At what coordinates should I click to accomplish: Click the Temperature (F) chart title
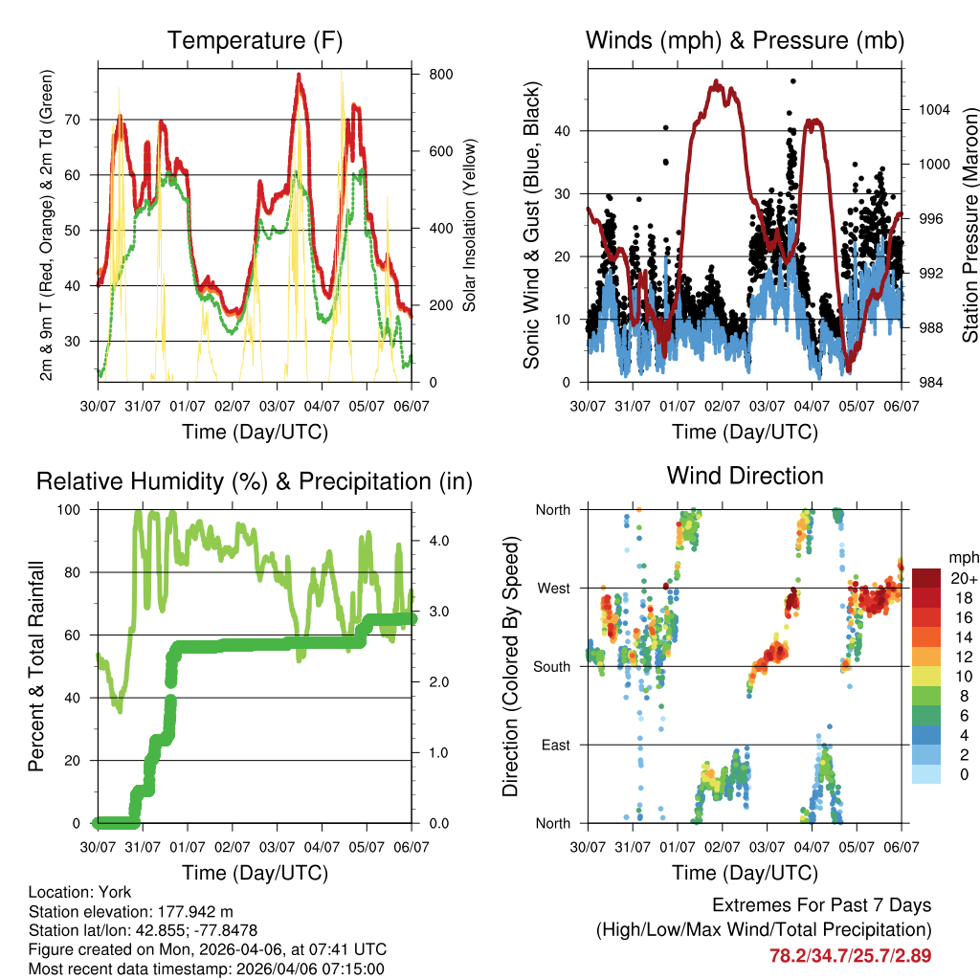(255, 41)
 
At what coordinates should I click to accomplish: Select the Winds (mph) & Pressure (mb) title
(745, 41)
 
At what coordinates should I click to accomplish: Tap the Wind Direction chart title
(745, 476)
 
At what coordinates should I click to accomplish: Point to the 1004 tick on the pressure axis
(931, 109)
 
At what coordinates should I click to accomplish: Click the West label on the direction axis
(554, 588)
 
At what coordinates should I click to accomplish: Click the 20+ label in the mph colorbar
(964, 579)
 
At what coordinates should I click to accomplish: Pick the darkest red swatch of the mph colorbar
(926, 577)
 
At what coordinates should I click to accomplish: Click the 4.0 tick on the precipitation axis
(432, 541)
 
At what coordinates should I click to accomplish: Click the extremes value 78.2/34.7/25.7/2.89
(850, 955)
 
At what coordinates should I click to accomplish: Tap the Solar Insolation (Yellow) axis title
(470, 225)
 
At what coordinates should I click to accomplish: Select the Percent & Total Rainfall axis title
(36, 667)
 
